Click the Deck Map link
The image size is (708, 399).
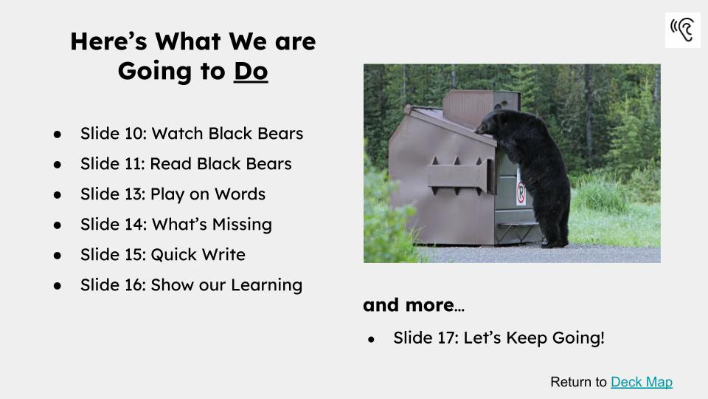[641, 382]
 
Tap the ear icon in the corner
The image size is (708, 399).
[682, 30]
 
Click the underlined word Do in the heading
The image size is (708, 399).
[251, 71]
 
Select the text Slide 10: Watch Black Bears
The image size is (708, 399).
[191, 134]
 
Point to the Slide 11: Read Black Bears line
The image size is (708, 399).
[186, 164]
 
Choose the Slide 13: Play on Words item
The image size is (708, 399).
[173, 194]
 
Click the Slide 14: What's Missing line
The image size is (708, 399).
[176, 224]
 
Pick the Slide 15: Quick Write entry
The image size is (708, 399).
[162, 255]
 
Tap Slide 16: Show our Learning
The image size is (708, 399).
[191, 285]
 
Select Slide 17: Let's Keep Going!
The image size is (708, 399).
[499, 338]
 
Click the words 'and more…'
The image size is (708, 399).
[413, 305]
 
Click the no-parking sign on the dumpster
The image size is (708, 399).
[520, 194]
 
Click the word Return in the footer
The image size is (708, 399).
[569, 382]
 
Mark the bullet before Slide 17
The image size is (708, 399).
[372, 339]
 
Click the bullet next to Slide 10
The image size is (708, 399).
[57, 134]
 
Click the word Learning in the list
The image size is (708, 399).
[268, 285]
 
